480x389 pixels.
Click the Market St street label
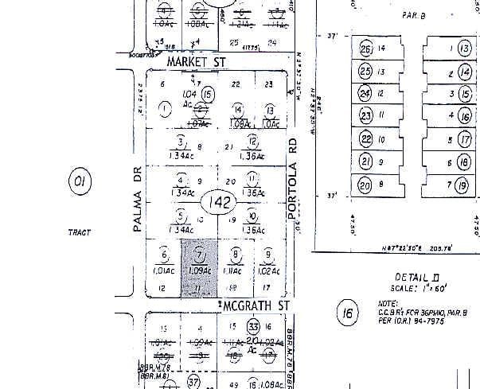(x=196, y=61)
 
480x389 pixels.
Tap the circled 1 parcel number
(x=166, y=108)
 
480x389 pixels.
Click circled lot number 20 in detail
(x=365, y=186)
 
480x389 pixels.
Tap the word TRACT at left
(x=79, y=232)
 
